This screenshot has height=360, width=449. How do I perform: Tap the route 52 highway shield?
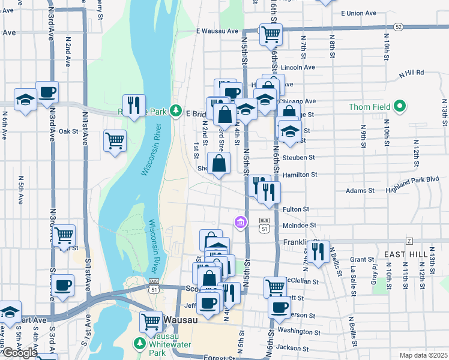click(398, 27)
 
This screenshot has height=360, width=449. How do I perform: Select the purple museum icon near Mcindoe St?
click(241, 223)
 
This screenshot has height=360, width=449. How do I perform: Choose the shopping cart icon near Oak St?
click(114, 141)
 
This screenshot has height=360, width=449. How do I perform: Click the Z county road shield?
click(409, 241)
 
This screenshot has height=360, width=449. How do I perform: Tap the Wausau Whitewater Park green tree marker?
click(139, 343)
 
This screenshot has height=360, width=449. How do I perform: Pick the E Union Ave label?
click(358, 13)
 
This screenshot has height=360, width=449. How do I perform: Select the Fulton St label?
click(295, 209)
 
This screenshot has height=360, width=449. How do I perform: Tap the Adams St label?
click(360, 191)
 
